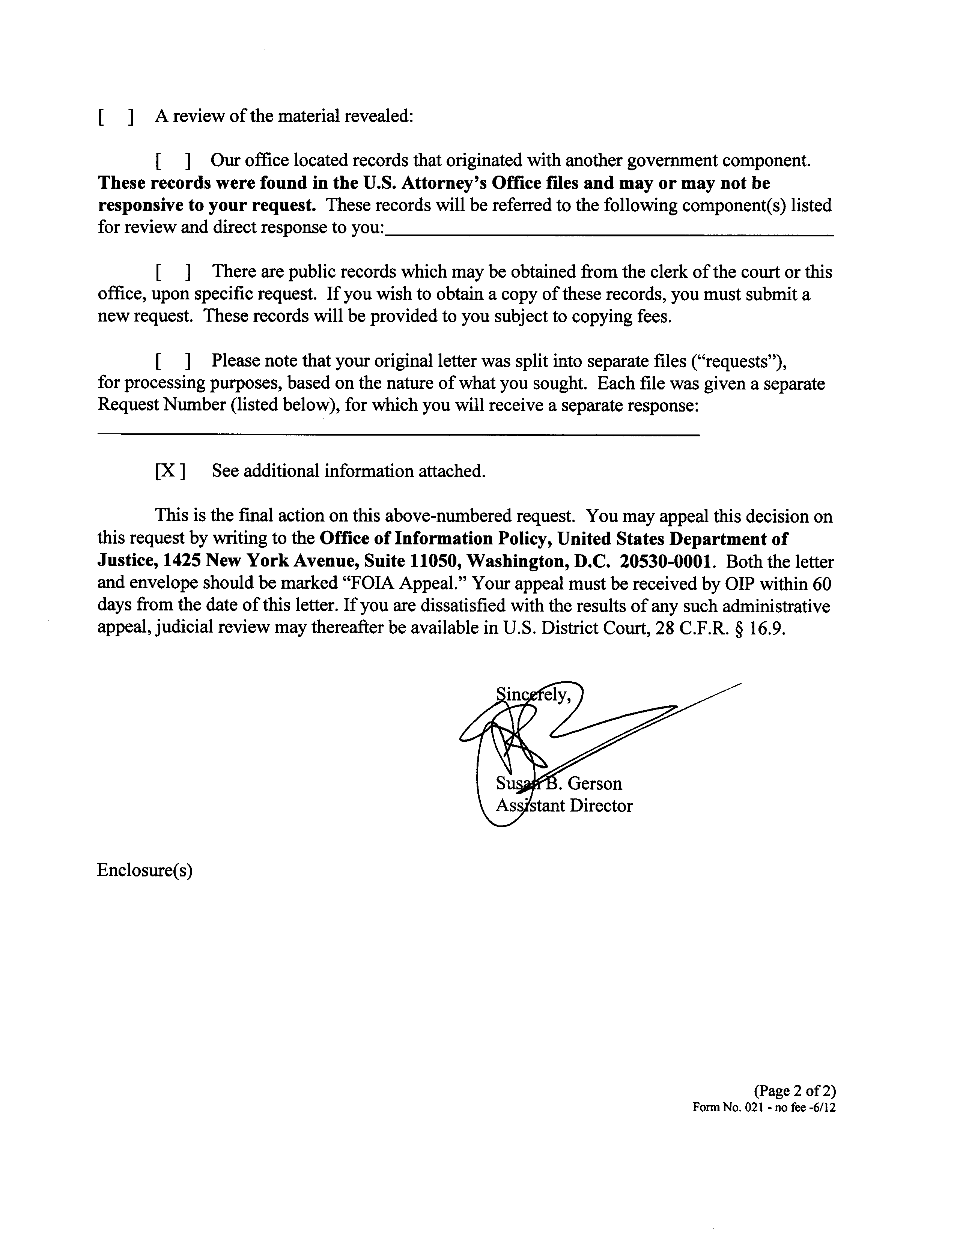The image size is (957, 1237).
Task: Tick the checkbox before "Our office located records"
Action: click(x=172, y=161)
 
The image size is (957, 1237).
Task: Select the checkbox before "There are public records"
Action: click(x=172, y=272)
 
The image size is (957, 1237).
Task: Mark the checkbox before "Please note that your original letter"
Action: click(x=172, y=361)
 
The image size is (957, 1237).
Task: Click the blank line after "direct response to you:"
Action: click(x=609, y=233)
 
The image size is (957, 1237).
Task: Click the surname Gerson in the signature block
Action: click(x=594, y=783)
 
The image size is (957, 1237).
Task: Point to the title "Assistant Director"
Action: click(x=564, y=806)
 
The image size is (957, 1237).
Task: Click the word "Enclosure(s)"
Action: click(x=145, y=870)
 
